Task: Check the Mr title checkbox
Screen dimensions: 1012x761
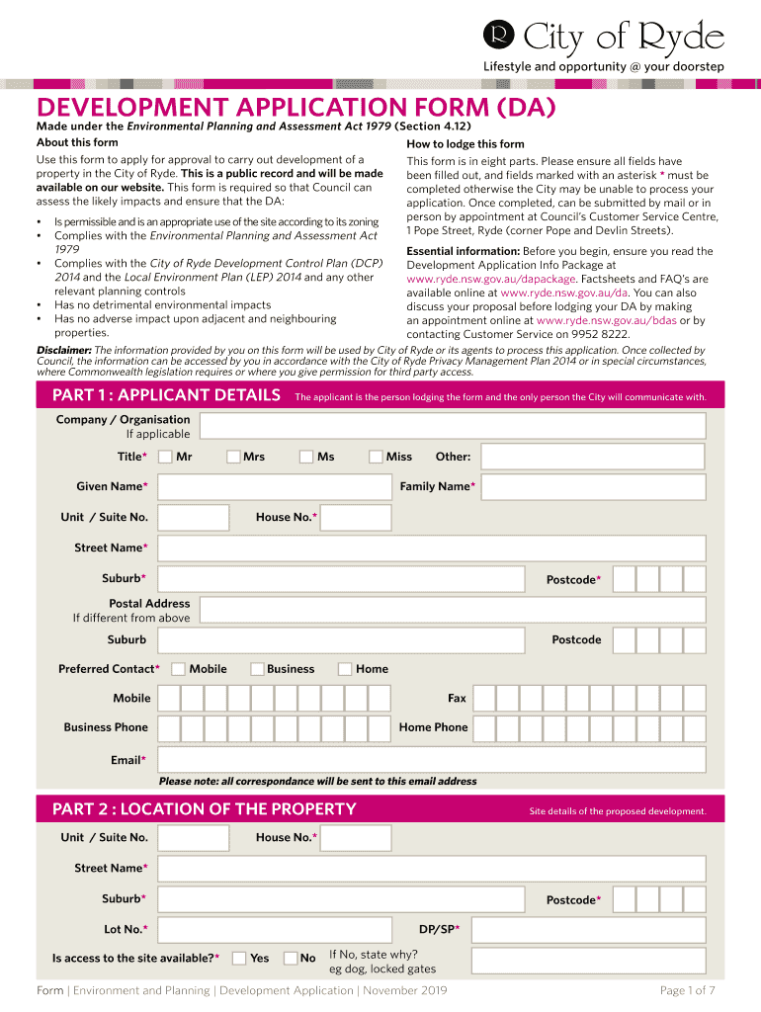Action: (x=166, y=457)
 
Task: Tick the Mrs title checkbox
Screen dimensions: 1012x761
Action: (x=233, y=457)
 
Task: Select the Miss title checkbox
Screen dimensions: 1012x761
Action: (x=376, y=457)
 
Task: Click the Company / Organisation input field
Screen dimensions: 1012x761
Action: (x=452, y=426)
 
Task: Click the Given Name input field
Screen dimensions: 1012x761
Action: (x=275, y=487)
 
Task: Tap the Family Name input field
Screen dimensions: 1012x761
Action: (x=593, y=487)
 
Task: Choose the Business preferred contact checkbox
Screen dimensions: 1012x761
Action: (x=257, y=669)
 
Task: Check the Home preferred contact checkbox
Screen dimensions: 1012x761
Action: (x=345, y=669)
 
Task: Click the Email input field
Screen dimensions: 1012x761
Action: (x=432, y=760)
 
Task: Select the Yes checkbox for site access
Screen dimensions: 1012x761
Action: (x=239, y=958)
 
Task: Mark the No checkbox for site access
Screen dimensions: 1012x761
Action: (x=291, y=958)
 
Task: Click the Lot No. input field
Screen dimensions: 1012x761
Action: (x=275, y=929)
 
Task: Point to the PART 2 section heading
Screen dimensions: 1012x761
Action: (x=204, y=809)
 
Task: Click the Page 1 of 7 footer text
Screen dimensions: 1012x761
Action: (x=686, y=990)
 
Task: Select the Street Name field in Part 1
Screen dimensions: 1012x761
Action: (x=432, y=548)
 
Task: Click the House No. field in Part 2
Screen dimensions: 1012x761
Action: (x=356, y=838)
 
